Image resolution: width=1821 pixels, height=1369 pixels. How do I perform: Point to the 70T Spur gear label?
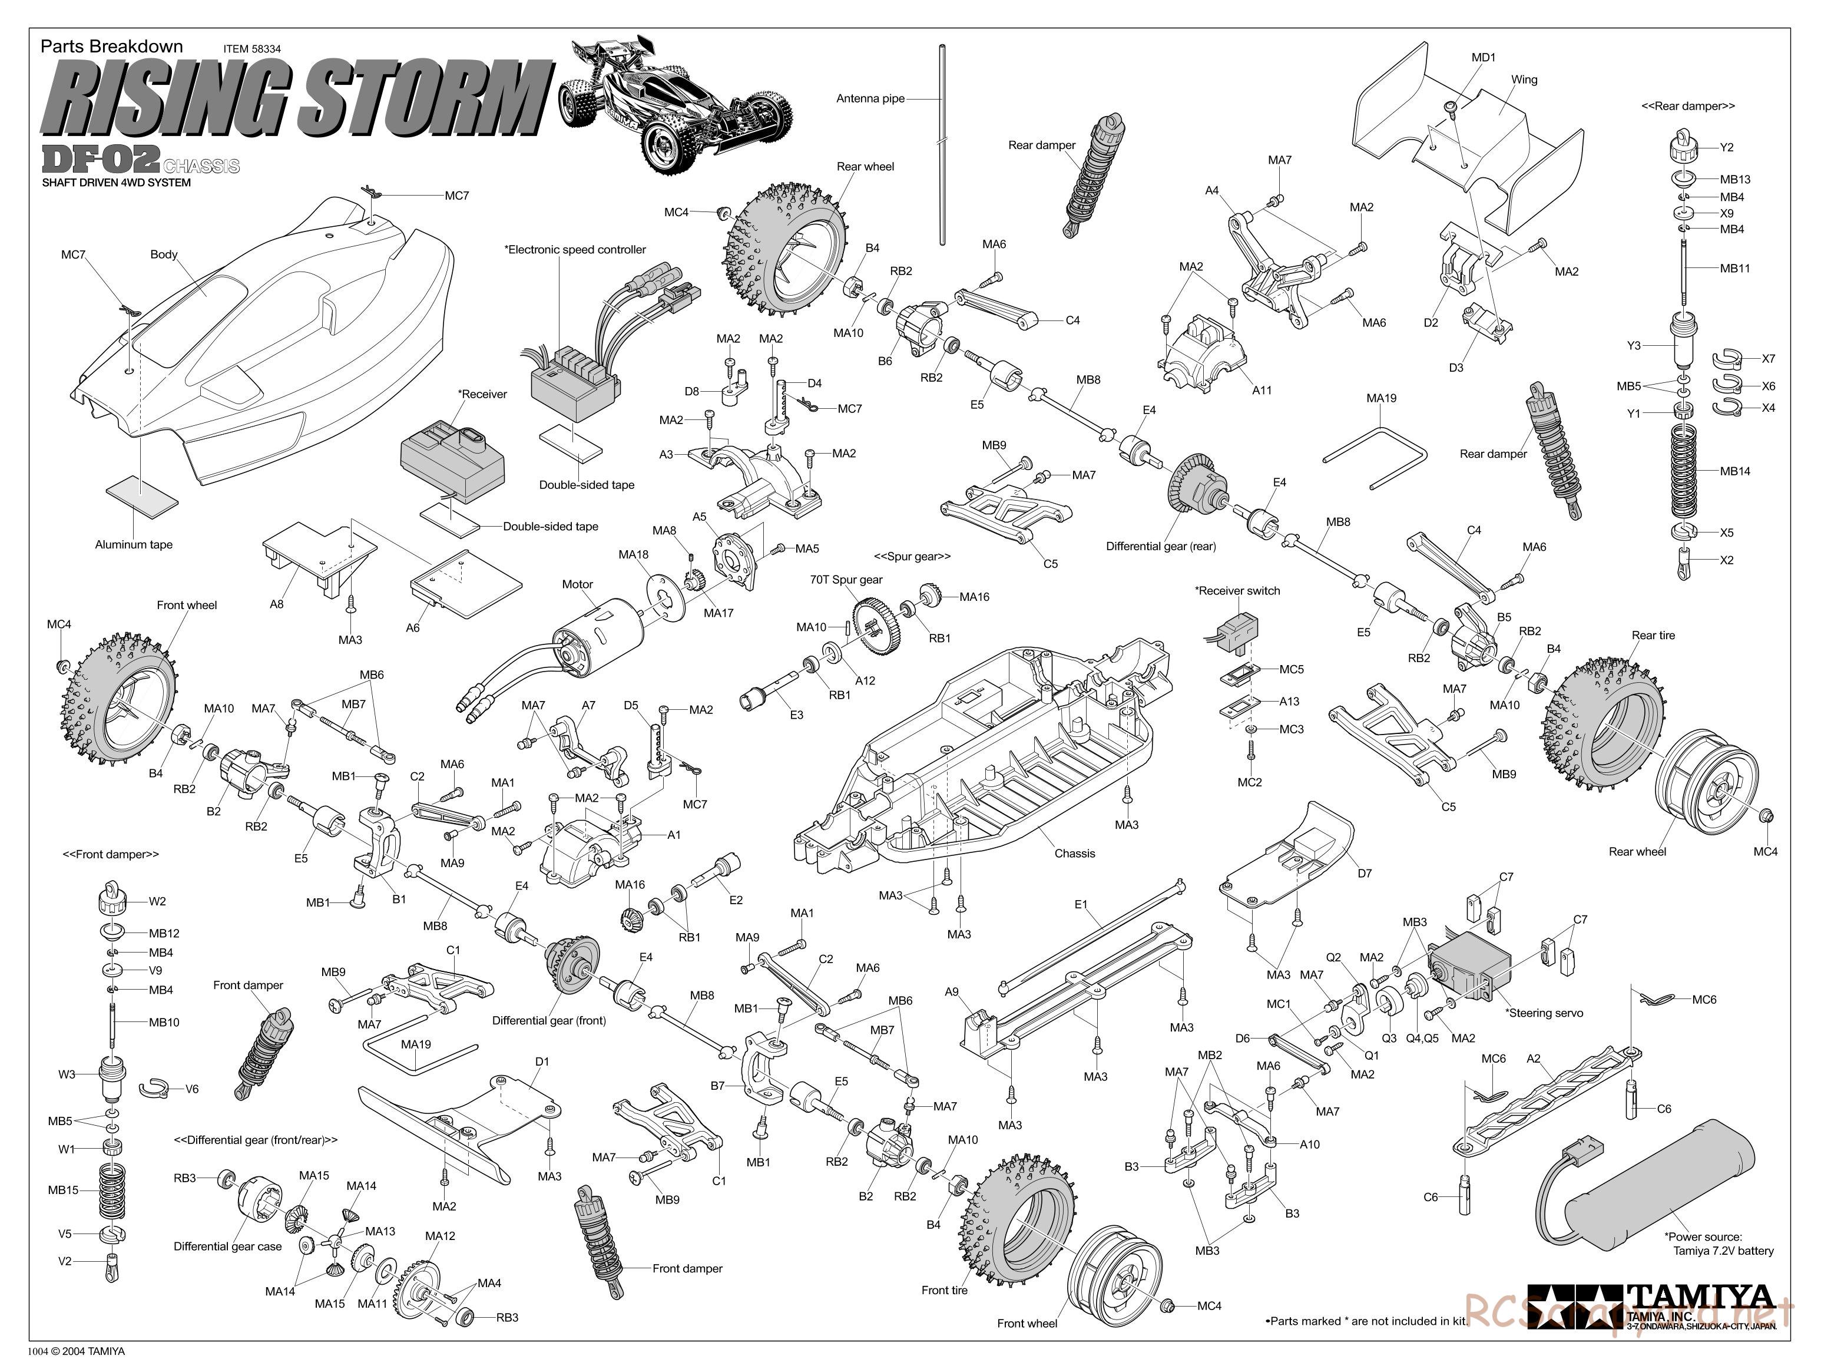coord(846,580)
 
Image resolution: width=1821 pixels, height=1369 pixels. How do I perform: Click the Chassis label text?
coord(1074,854)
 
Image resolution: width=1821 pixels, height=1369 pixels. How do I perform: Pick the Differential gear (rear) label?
coord(1161,546)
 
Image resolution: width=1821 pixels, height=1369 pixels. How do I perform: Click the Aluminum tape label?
coord(133,544)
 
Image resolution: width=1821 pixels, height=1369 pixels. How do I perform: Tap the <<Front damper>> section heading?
coord(111,855)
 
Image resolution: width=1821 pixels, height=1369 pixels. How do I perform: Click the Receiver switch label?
coord(1237,590)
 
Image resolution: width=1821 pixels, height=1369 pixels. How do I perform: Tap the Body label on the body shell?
coord(164,254)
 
